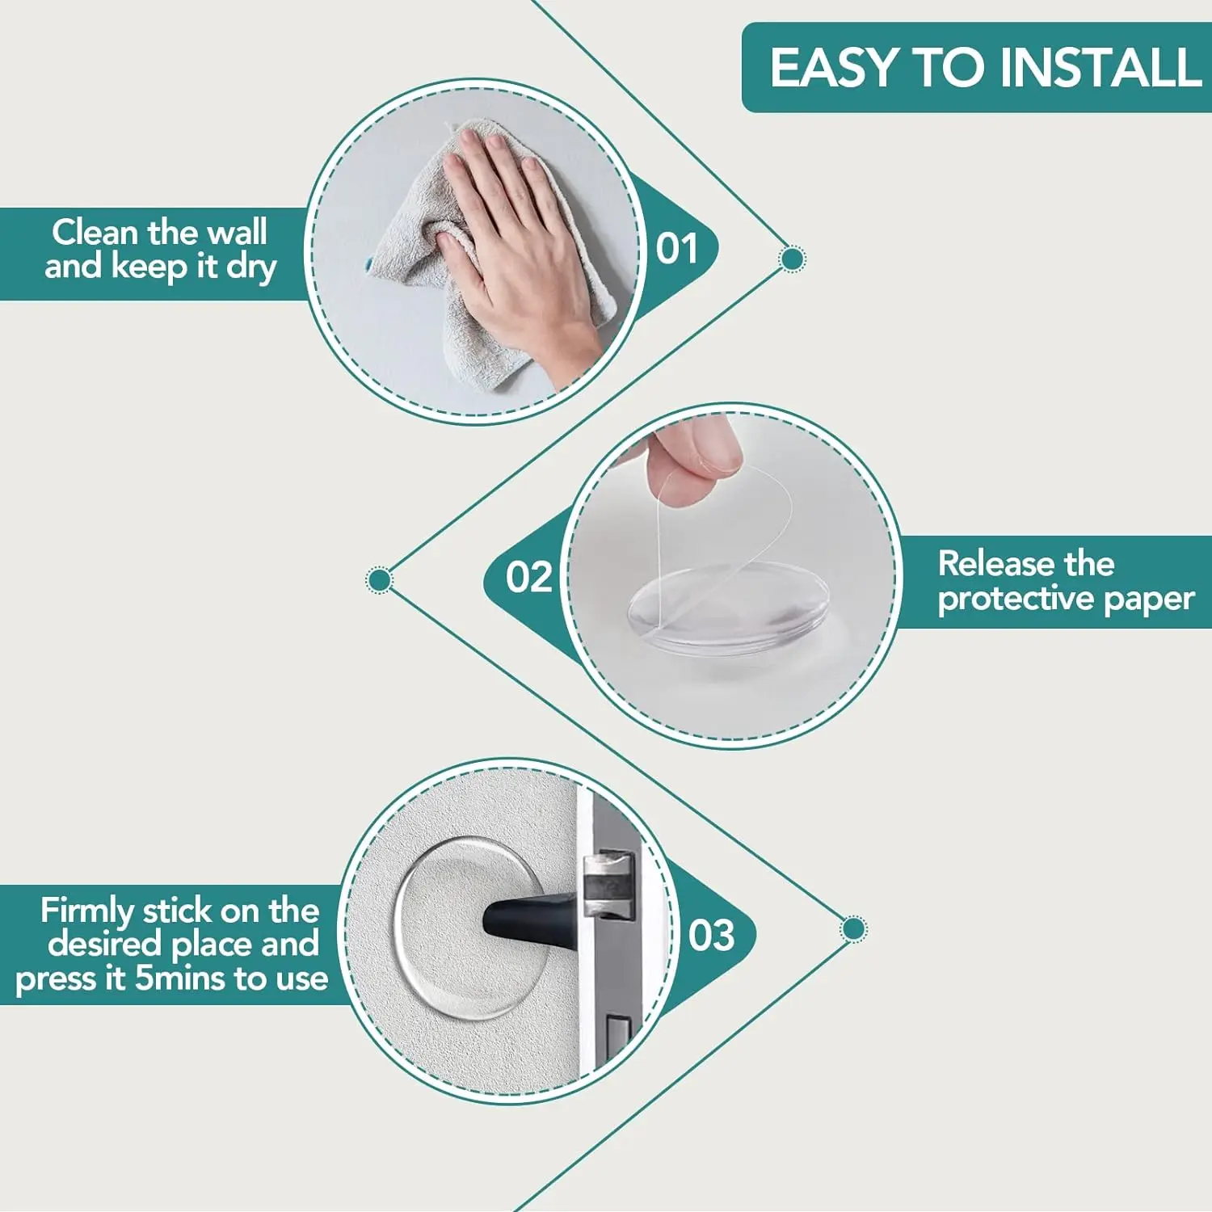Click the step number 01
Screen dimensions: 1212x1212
(677, 249)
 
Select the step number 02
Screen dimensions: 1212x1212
(529, 579)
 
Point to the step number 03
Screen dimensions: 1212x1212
(711, 936)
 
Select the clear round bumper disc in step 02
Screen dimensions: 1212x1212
(727, 606)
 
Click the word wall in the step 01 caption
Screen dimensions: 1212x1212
(237, 233)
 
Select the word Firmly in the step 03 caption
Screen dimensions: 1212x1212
(87, 911)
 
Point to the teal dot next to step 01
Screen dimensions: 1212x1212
(792, 259)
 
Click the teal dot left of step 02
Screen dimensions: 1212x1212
(379, 580)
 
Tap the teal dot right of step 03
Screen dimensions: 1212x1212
(853, 928)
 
